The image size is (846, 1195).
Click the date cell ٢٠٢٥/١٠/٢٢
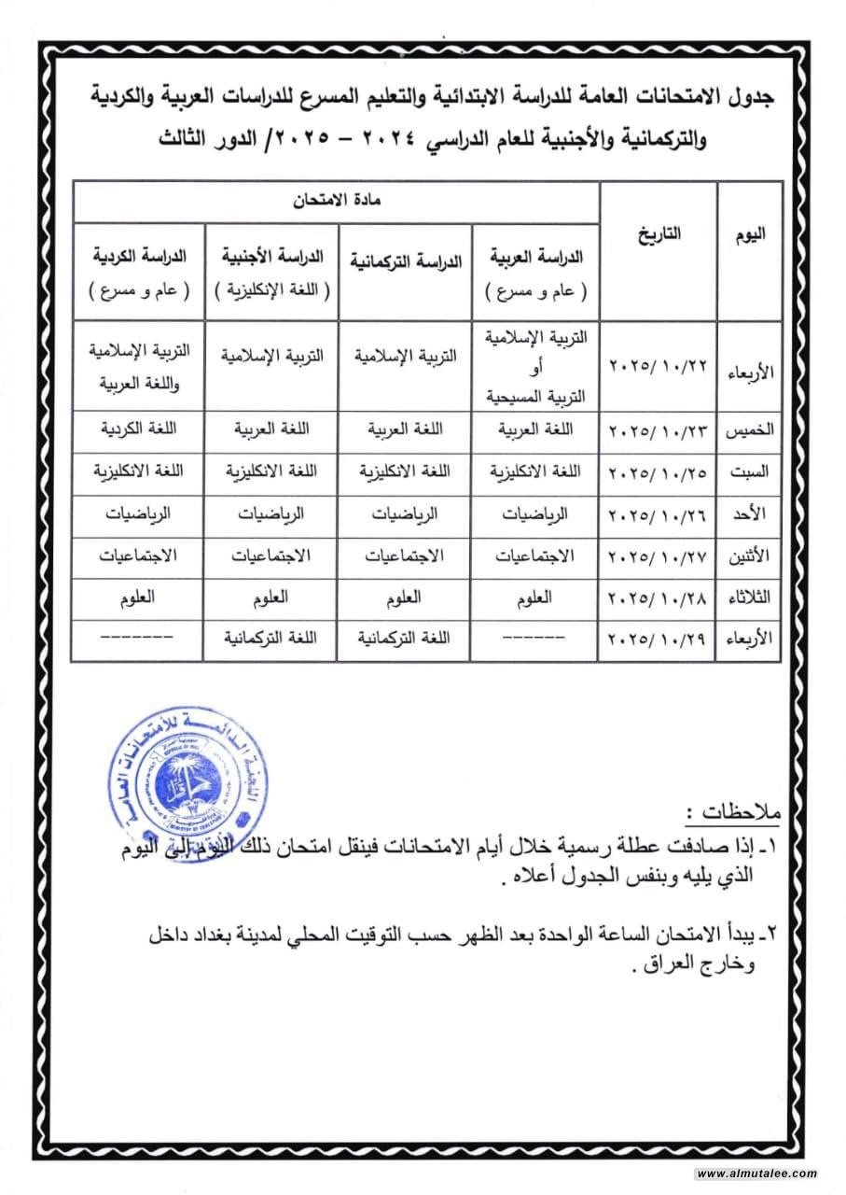point(657,363)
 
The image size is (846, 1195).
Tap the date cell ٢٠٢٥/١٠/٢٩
point(657,640)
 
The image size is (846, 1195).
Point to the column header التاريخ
point(659,234)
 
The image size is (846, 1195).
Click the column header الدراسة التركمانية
point(404,262)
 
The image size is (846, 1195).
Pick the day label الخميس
point(750,431)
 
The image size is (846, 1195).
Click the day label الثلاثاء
point(750,598)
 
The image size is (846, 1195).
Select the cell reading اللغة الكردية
point(139,429)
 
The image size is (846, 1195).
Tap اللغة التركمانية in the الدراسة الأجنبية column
point(270,640)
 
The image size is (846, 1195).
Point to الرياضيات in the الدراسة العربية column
point(536,513)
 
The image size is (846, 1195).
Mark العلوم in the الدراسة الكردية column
point(139,597)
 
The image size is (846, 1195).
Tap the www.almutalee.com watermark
point(756,1174)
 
